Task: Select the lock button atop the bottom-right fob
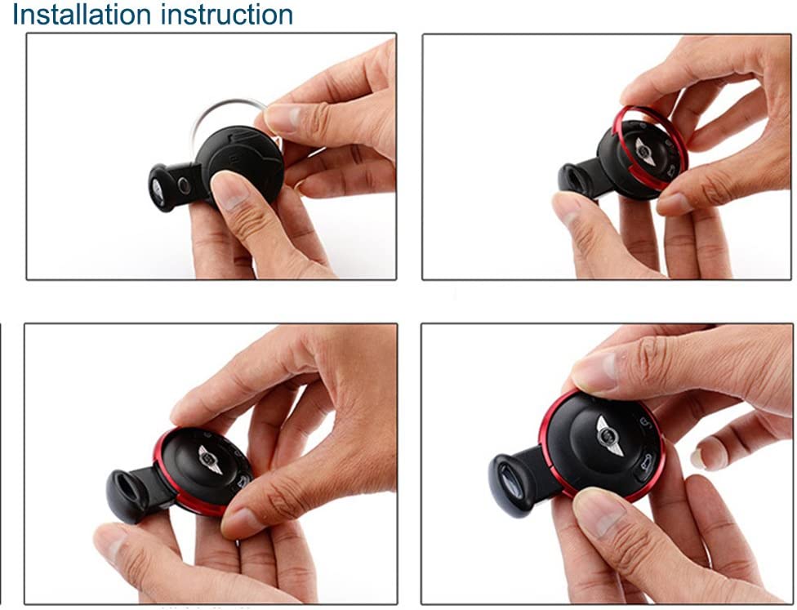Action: tap(645, 423)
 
